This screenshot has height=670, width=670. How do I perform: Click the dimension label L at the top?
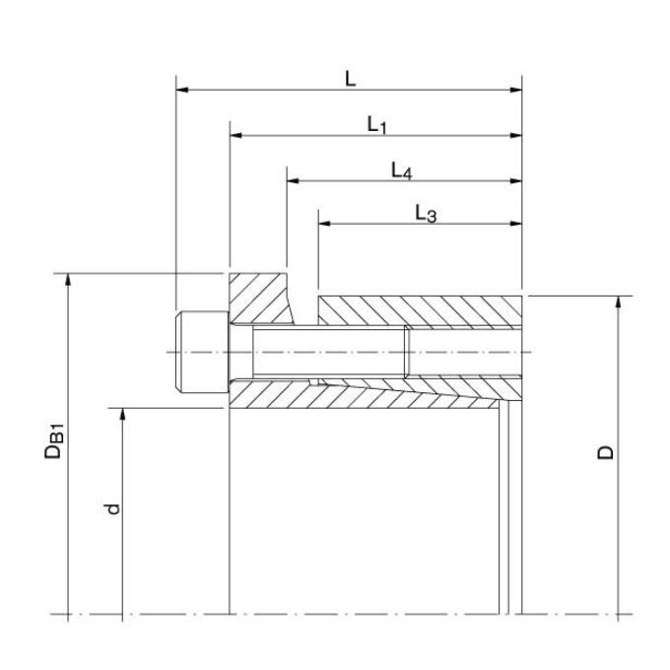point(351,79)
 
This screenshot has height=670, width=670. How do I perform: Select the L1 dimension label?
point(376,125)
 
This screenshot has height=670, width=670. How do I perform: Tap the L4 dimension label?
point(402,170)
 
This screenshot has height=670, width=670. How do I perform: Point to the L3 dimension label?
point(426,213)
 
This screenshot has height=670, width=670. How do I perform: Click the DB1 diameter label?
point(54,441)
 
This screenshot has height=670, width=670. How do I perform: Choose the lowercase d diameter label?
point(112,509)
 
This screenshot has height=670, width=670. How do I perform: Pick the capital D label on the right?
point(605,452)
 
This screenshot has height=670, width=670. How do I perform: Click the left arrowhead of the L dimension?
point(182,90)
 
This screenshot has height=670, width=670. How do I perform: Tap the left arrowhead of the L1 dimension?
point(235,135)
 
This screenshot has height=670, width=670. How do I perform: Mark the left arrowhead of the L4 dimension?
point(293,181)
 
